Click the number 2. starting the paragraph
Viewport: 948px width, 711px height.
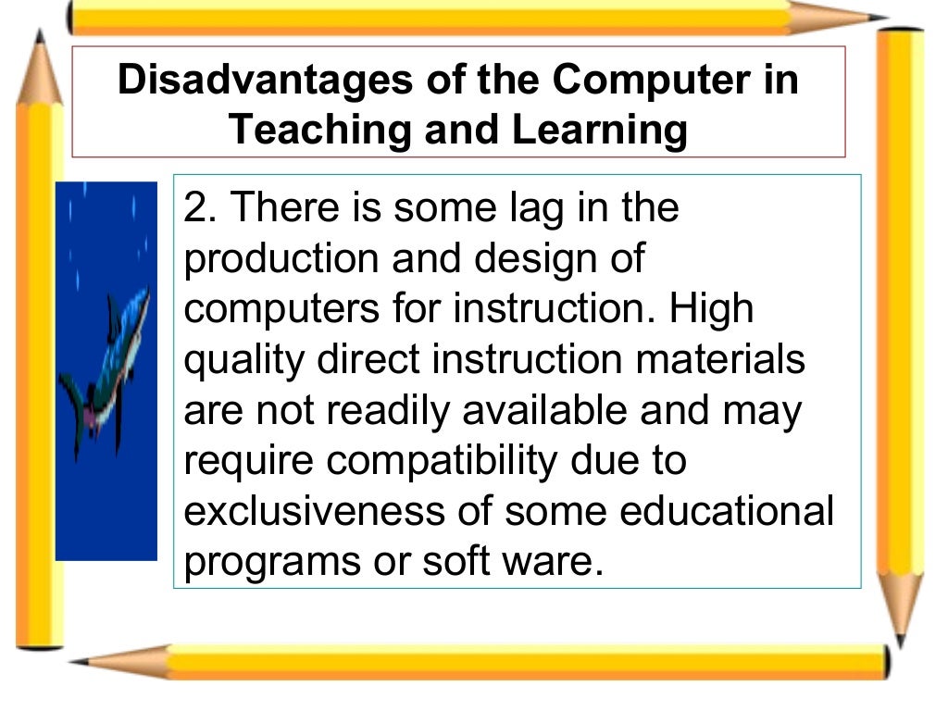pyautogui.click(x=200, y=207)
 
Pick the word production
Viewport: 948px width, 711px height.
pyautogui.click(x=281, y=259)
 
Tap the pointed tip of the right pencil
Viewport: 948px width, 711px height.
pyautogui.click(x=899, y=639)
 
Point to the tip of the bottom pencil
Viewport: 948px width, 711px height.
pyautogui.click(x=78, y=661)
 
